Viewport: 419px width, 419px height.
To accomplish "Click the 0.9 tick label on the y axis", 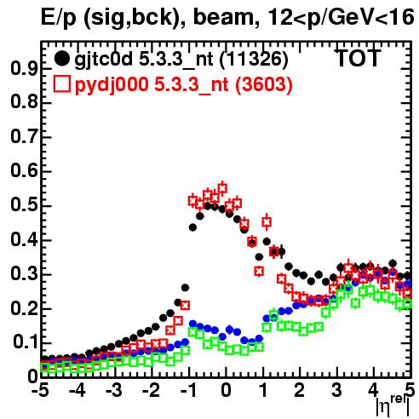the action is coord(24,68).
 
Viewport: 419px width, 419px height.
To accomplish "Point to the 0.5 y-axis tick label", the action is coord(24,204).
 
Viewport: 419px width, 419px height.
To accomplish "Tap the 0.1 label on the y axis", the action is coord(26,342).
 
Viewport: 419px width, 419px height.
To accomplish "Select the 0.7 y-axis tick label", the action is coord(24,136).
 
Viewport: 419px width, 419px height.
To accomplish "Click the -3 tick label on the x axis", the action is coord(113,391).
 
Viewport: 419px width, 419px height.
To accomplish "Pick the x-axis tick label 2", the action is coord(299,391).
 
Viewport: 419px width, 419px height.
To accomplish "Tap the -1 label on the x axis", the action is coord(188,391).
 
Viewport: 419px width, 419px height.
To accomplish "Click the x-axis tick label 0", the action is coord(226,391).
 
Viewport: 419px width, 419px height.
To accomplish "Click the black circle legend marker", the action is coord(61,59).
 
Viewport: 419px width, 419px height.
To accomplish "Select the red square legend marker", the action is coord(61,84).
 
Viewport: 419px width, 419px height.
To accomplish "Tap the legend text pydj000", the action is coord(112,85).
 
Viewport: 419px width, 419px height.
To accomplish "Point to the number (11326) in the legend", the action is coord(254,60).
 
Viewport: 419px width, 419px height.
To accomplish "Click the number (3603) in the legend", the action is coord(264,85).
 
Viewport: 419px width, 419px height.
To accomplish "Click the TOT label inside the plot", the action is coord(358,58).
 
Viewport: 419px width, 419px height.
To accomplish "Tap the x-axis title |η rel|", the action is coord(393,406).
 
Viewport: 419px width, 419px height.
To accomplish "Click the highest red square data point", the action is coord(222,188).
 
